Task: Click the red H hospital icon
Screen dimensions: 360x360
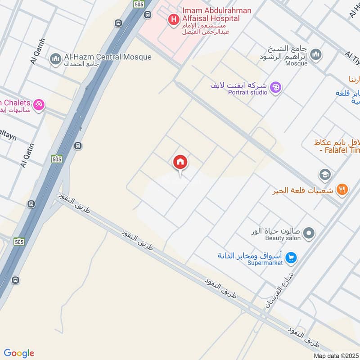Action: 172,19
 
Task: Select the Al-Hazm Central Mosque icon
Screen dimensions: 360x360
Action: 56,59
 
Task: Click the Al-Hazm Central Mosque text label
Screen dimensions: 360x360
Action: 108,57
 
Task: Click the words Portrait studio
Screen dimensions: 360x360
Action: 247,93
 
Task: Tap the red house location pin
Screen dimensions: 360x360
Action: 180,163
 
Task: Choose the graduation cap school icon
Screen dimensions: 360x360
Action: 324,174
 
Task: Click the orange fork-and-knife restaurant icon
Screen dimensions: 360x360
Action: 342,190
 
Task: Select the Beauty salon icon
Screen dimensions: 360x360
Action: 309,233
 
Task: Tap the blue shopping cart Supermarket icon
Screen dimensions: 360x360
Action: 291,258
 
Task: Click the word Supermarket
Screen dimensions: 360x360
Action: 265,263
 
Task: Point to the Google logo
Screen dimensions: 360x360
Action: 19,353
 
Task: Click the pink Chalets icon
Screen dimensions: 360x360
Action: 39,105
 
